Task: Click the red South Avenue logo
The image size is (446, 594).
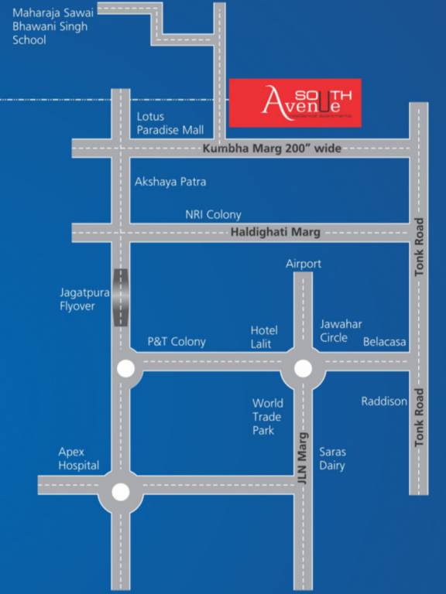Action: click(295, 103)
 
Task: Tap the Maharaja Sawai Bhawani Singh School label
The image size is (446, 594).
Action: click(50, 26)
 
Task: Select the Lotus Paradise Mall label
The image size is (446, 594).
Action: click(170, 124)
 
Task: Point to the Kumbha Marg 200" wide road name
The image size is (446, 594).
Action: click(271, 148)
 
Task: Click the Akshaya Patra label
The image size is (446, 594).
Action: click(170, 182)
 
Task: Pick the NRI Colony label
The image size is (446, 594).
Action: click(213, 215)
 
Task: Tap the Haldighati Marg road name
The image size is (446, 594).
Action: click(275, 232)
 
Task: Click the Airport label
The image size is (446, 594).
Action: click(304, 264)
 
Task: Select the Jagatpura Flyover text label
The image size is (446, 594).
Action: click(77, 299)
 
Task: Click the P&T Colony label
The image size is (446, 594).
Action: click(177, 342)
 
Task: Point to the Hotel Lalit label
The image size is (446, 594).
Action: click(264, 337)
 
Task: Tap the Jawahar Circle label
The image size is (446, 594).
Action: click(341, 331)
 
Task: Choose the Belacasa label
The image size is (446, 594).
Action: click(385, 342)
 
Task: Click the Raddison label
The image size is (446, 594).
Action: click(384, 401)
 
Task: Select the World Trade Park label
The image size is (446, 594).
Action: click(268, 417)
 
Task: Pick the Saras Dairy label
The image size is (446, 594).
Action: click(332, 459)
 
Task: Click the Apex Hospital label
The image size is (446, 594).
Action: click(79, 459)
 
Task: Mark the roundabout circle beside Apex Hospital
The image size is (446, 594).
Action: click(120, 491)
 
